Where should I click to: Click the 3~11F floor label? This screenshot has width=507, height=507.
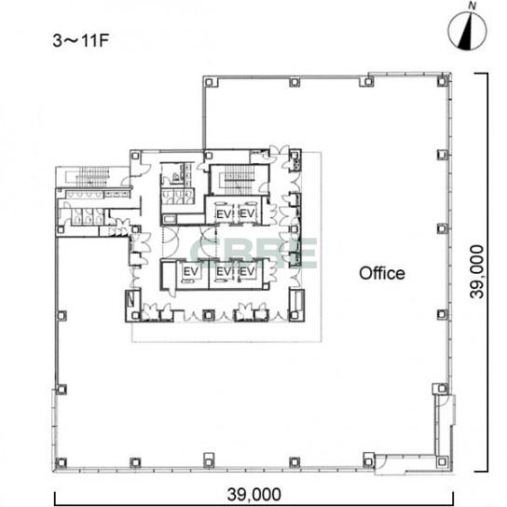tap(80, 41)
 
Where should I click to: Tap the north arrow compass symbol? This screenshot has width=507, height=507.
tap(467, 31)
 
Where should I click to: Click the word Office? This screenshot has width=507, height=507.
tap(382, 274)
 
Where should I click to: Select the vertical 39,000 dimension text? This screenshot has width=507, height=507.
tap(477, 272)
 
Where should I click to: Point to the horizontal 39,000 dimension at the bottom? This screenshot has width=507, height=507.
tap(253, 494)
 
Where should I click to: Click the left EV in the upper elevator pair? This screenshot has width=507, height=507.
tap(224, 214)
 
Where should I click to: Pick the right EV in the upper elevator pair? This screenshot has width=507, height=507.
tap(247, 213)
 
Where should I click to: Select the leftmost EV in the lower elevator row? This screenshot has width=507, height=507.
tap(191, 271)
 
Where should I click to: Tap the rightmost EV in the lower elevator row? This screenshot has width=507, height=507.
tap(247, 271)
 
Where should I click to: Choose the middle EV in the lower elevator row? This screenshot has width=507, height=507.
tap(224, 271)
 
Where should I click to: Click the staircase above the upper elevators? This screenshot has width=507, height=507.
tap(240, 180)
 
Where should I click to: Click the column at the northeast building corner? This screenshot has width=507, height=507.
tap(442, 81)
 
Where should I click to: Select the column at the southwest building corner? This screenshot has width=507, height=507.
tap(61, 463)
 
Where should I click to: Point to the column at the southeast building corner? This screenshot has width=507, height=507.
tap(442, 461)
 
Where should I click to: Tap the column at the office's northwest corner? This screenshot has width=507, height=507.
tap(209, 82)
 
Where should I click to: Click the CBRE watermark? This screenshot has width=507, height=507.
tap(253, 253)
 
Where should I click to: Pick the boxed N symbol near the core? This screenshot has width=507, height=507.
tap(131, 298)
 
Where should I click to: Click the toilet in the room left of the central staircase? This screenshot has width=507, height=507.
tap(176, 177)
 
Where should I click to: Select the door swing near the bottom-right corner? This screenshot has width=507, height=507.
tap(381, 463)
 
